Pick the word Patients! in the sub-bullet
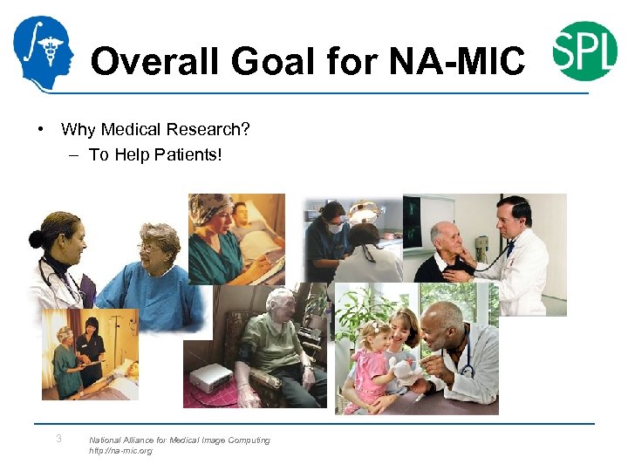coord(187,155)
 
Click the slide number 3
coord(58,439)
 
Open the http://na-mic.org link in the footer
coord(120,451)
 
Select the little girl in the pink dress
coord(370,366)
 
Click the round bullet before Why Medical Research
coord(40,130)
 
